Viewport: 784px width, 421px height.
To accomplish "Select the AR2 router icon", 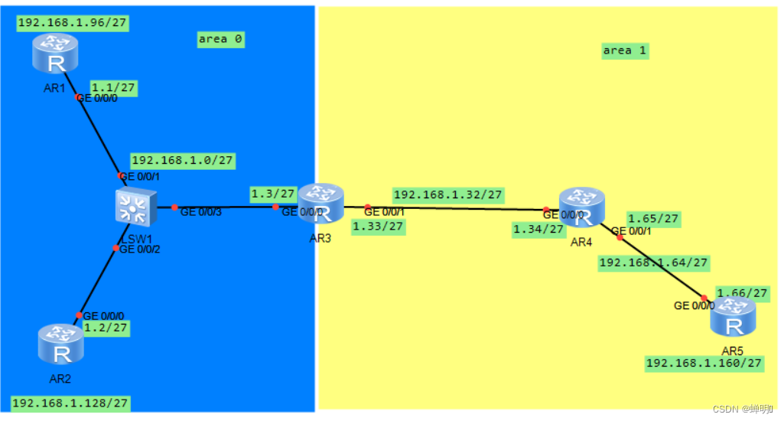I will coord(60,344).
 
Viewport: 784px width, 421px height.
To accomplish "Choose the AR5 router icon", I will coord(733,317).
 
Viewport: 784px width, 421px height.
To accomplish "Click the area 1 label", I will coord(625,51).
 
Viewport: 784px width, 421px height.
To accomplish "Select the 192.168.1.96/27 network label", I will coord(72,23).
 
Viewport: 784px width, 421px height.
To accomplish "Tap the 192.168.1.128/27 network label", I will coord(70,403).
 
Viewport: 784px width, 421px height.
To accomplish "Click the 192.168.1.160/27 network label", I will coord(704,363).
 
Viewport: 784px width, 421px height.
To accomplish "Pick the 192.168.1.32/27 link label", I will coord(447,194).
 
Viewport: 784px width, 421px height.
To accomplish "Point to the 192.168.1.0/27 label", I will coord(183,161).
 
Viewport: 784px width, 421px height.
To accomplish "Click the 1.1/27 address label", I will coord(113,88).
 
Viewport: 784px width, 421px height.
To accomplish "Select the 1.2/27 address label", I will coord(106,328).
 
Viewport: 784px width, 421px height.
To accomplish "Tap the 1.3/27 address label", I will coord(273,194).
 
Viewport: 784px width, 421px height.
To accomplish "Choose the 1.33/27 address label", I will coord(378,226).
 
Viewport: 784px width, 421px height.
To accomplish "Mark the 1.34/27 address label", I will coord(538,229).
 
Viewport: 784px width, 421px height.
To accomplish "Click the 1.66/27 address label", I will coord(742,293).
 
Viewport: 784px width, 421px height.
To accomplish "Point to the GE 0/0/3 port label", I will coord(200,212).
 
